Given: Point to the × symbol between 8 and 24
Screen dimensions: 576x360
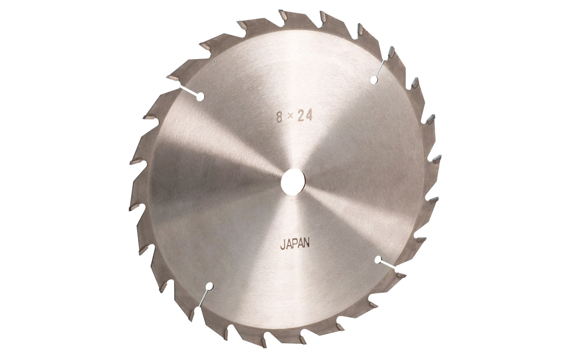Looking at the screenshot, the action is pos(290,116).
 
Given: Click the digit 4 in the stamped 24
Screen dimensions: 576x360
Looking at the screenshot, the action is pos(309,116).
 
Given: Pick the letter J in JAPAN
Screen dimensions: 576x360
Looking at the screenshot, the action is pos(282,245).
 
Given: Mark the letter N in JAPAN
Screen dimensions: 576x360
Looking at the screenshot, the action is pos(307,243).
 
